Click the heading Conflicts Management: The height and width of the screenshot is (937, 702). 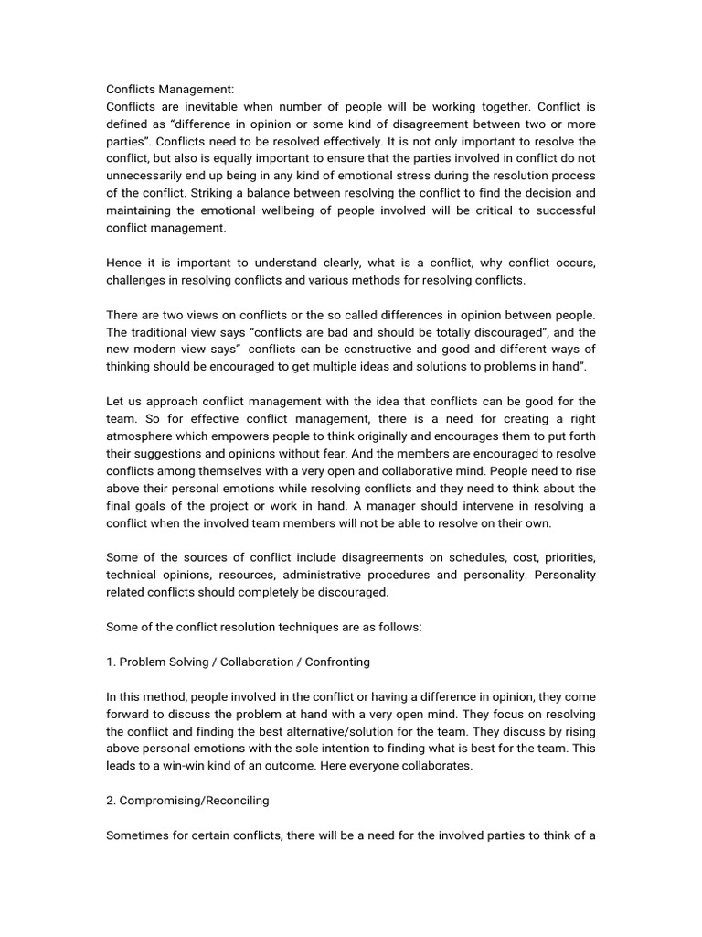point(170,90)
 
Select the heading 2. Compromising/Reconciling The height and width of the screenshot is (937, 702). point(187,801)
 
